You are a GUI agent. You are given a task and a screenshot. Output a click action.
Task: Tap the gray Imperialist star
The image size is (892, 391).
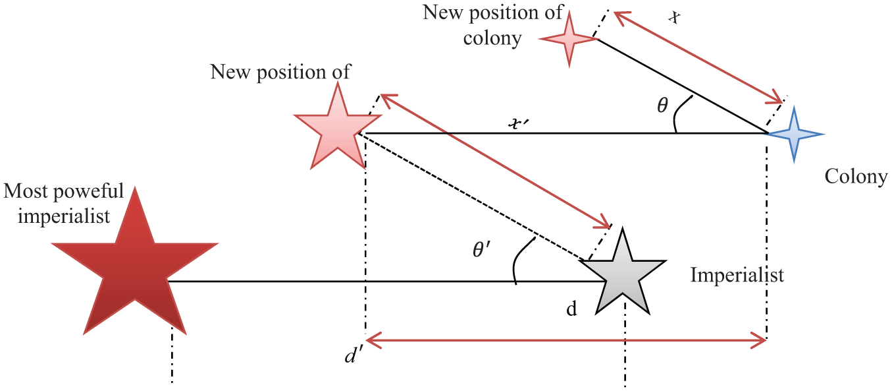[x=622, y=276]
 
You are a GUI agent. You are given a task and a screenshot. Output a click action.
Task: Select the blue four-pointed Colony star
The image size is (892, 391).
[x=794, y=135]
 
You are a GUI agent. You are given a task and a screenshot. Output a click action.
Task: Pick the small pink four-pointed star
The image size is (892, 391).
[x=569, y=39]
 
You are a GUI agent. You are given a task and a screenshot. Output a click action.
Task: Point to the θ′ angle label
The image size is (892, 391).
[x=481, y=250]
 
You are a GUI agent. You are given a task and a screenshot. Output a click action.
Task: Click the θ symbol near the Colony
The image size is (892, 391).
[x=662, y=105]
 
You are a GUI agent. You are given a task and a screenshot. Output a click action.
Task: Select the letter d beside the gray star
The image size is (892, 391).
[x=571, y=309]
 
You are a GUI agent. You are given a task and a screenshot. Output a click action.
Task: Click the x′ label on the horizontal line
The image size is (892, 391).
[x=519, y=124]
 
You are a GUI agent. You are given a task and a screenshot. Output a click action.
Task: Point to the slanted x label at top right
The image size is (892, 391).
[x=674, y=16]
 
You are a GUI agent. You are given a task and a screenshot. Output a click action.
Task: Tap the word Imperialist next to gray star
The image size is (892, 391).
[x=737, y=275]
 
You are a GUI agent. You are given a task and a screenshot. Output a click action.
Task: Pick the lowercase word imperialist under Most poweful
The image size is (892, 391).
[x=64, y=217]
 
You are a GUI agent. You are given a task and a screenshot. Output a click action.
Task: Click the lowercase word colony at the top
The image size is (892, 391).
[x=492, y=39]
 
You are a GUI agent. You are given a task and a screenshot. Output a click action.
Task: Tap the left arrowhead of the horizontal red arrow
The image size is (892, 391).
[x=373, y=341]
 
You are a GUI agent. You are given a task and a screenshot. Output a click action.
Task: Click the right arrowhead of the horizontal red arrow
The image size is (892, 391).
[x=758, y=341]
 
